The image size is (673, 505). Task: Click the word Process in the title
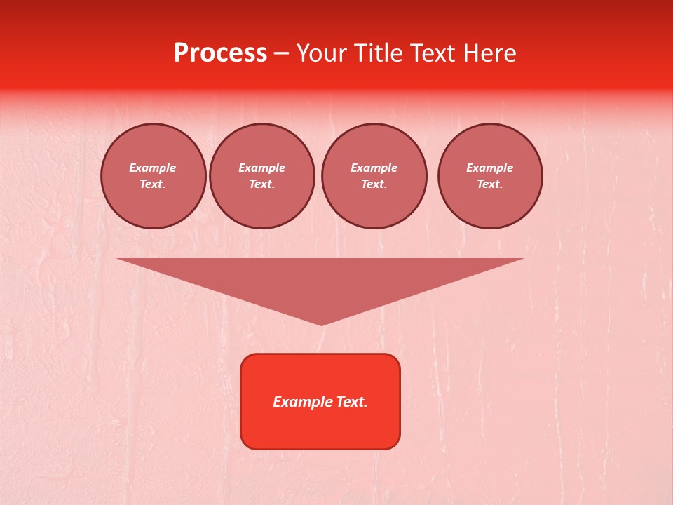(220, 53)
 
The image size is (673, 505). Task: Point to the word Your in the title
(321, 53)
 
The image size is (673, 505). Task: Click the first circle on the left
(154, 176)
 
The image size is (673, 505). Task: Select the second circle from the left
(262, 176)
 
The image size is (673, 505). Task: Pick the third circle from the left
(374, 176)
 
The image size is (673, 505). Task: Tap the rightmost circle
(490, 176)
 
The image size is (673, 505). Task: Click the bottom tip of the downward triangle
(322, 323)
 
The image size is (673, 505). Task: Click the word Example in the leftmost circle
(153, 168)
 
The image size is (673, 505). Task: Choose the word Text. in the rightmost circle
(490, 184)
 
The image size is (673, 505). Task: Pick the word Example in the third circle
(374, 168)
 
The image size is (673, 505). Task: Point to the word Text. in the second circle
(262, 184)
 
